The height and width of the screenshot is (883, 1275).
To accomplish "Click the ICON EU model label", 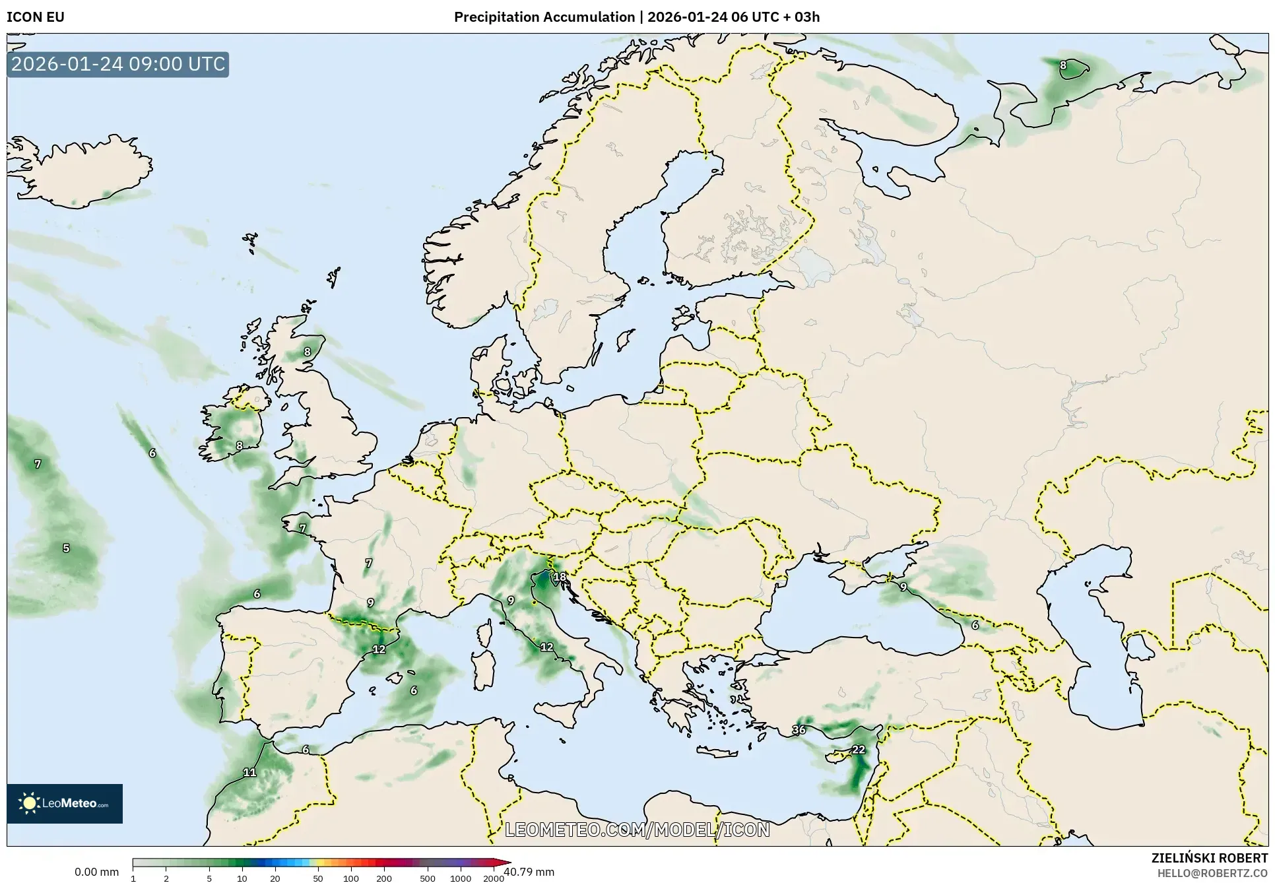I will tap(36, 17).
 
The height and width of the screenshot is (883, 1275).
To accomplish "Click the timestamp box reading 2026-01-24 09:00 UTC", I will tap(118, 64).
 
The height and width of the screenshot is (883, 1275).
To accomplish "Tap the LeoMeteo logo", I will tap(65, 803).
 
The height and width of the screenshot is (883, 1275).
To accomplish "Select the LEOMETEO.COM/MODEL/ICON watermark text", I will tap(637, 830).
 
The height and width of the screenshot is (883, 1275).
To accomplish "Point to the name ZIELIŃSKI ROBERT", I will tap(1209, 858).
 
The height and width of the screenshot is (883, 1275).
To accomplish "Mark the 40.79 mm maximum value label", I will tap(529, 872).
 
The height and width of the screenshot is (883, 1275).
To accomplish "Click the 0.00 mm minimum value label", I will tap(96, 872).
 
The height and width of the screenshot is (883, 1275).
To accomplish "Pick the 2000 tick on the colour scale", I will tap(494, 878).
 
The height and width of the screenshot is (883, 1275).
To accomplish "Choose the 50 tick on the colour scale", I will tap(318, 878).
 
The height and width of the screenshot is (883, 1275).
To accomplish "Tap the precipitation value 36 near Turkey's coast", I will tap(799, 730).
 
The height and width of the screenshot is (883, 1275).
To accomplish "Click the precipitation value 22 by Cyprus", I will tap(858, 750).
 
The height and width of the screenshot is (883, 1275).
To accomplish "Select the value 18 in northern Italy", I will tap(560, 577).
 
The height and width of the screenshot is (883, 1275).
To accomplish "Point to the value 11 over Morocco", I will tap(249, 772).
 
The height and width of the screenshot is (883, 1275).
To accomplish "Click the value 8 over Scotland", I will tap(307, 352).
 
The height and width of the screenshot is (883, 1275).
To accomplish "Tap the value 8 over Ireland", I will tap(240, 445).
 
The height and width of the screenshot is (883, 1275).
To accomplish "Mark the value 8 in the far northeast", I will tap(1062, 65).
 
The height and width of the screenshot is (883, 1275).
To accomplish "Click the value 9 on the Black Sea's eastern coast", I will tap(903, 587).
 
